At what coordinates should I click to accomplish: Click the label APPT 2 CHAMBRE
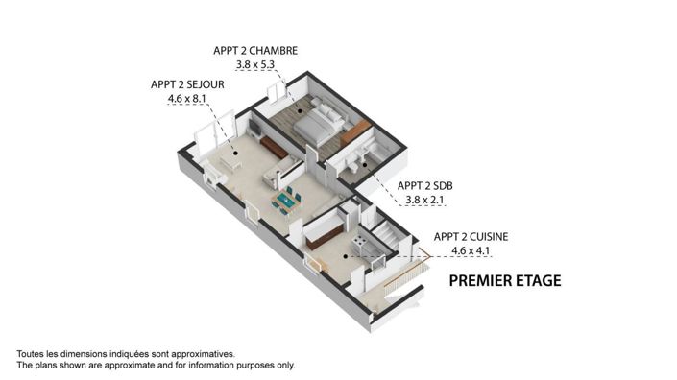255,50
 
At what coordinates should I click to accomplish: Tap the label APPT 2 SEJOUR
188,83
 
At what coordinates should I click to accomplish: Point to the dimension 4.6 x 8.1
188,98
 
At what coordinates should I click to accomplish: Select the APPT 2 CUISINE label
471,236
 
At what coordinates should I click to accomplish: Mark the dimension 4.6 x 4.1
471,251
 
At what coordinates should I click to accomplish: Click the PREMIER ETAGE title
505,281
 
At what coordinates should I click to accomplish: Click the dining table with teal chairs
287,200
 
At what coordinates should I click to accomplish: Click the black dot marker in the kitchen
343,258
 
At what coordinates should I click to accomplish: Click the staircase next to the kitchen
385,236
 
